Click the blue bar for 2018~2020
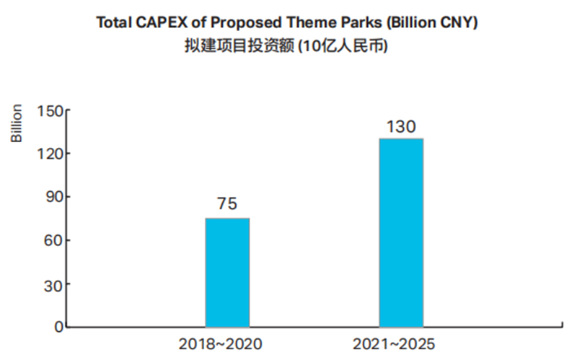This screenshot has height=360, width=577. pyautogui.click(x=227, y=273)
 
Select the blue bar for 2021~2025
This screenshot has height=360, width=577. pyautogui.click(x=401, y=232)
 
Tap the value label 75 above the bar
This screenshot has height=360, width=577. pyautogui.click(x=227, y=203)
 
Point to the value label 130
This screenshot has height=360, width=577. pyautogui.click(x=401, y=127)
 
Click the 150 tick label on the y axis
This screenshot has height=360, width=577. pyautogui.click(x=50, y=110)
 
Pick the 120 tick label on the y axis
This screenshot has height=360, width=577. pyautogui.click(x=50, y=154)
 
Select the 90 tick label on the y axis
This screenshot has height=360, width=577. pyautogui.click(x=55, y=197)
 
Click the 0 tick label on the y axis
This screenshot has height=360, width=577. pyautogui.click(x=59, y=327)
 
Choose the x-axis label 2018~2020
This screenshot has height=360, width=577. pyautogui.click(x=221, y=345)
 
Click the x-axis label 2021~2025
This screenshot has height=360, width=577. pyautogui.click(x=394, y=345)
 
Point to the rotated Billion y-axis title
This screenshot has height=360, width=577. pyautogui.click(x=17, y=123)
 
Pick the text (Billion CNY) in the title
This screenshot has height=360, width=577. pyautogui.click(x=432, y=23)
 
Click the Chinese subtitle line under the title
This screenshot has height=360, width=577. pyautogui.click(x=286, y=46)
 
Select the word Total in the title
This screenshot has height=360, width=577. pyautogui.click(x=114, y=22)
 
